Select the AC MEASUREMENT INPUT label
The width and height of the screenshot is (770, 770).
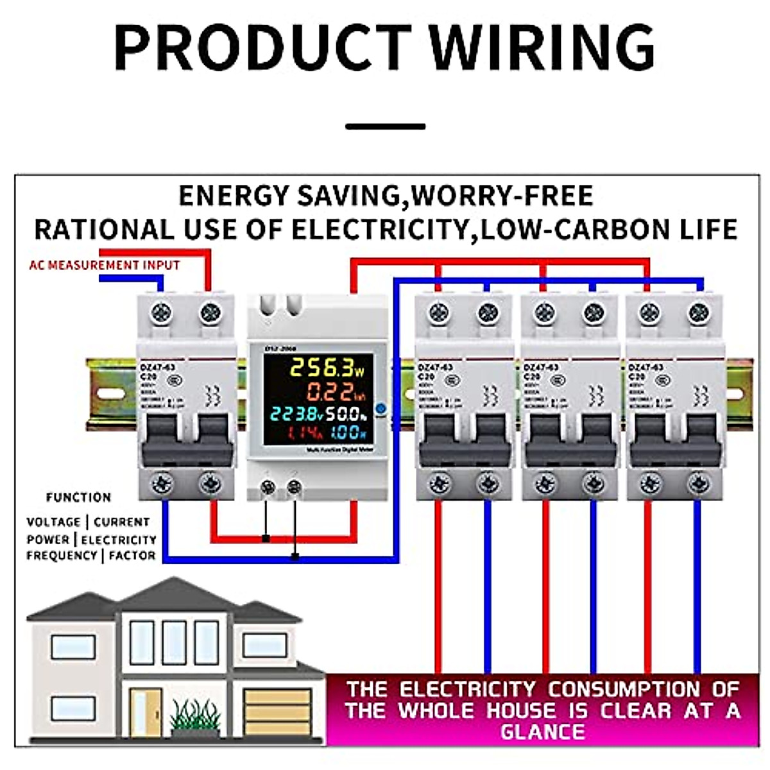click(x=105, y=265)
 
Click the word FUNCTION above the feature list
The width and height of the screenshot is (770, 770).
click(x=78, y=497)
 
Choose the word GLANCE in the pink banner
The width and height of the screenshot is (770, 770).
click(x=543, y=732)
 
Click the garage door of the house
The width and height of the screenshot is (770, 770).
click(x=277, y=712)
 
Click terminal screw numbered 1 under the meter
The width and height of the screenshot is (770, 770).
click(x=269, y=487)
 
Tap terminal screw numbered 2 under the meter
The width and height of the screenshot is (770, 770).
click(x=294, y=487)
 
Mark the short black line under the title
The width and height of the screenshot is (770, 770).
click(x=385, y=126)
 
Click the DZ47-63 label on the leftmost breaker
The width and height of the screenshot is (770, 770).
click(x=157, y=367)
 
